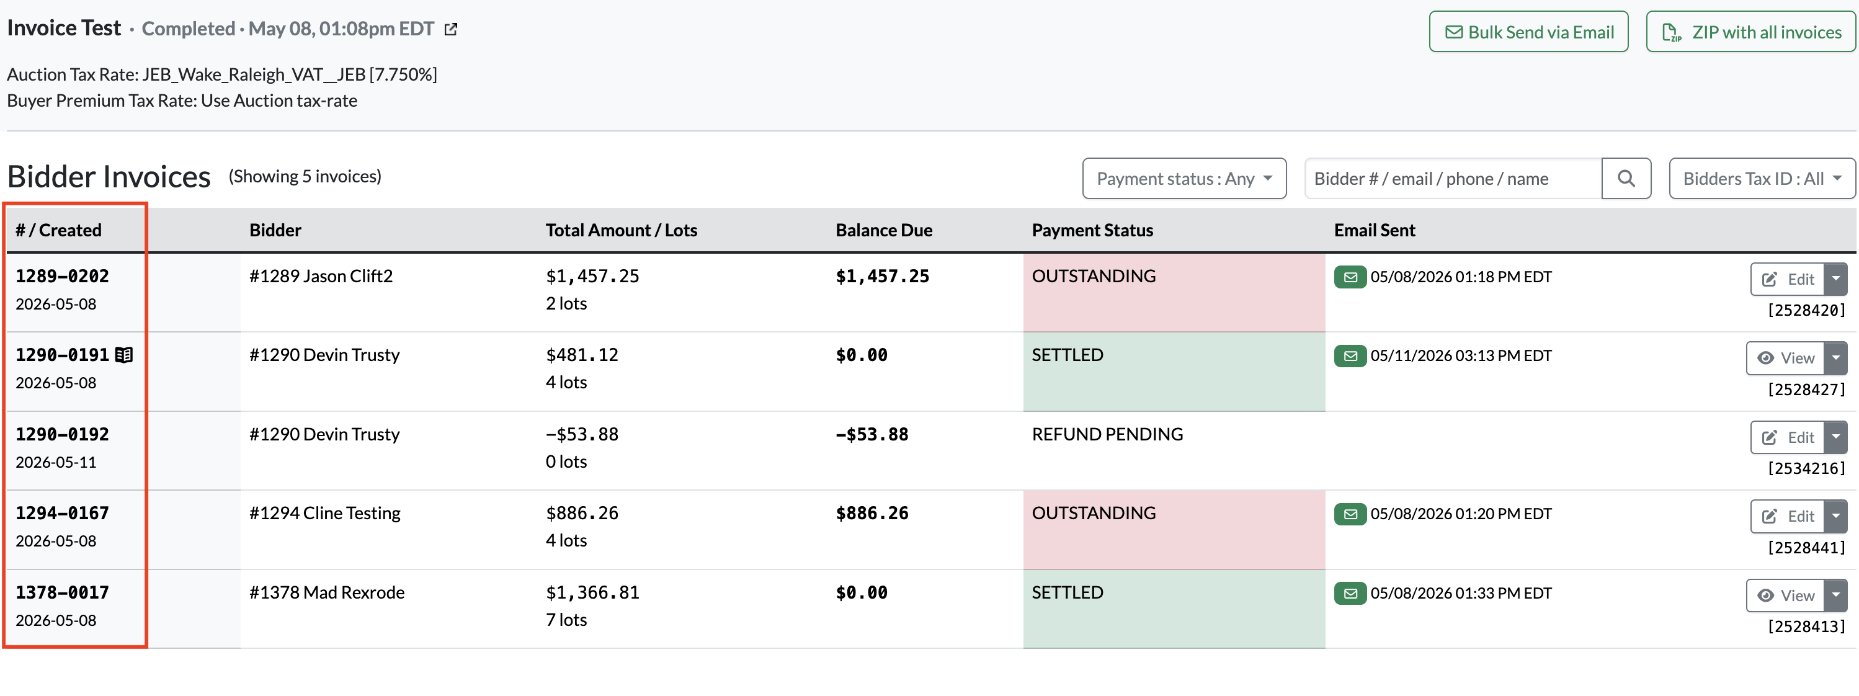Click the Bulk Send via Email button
click(1528, 32)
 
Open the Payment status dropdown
click(1184, 178)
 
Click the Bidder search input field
click(1453, 178)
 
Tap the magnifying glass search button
click(1626, 178)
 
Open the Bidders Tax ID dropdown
click(1762, 178)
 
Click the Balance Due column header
click(884, 230)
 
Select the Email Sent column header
click(1374, 230)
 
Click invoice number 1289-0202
click(62, 276)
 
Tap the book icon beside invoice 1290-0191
click(124, 354)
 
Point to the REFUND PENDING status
click(1107, 434)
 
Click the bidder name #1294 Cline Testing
click(325, 512)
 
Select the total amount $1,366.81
click(592, 592)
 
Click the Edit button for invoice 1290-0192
click(1788, 437)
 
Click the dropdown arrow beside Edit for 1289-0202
click(1836, 279)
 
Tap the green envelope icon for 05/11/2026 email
click(1350, 355)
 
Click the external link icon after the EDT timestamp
click(451, 29)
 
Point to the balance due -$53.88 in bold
click(872, 434)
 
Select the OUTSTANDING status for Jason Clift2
click(1094, 276)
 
